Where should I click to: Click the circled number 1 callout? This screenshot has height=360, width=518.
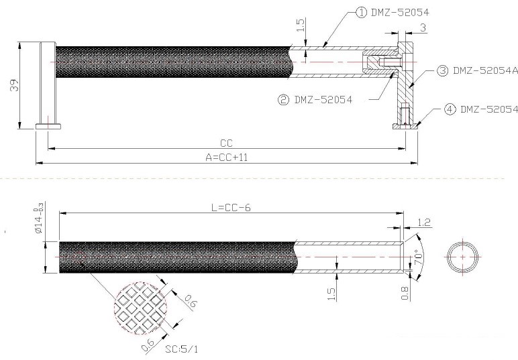[361, 13]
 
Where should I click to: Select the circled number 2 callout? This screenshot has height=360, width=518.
[283, 100]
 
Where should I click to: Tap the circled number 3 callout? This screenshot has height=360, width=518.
[442, 70]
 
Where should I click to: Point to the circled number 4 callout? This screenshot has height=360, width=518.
[450, 109]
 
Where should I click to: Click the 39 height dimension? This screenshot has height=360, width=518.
[14, 85]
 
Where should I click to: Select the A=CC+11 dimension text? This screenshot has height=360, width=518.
[227, 158]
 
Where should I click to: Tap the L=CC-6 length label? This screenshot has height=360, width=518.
[231, 208]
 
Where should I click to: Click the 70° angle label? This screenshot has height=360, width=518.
[418, 257]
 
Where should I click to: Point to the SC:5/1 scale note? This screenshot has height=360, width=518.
[182, 349]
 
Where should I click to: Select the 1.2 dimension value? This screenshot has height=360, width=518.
[424, 223]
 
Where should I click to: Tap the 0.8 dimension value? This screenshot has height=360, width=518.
[405, 294]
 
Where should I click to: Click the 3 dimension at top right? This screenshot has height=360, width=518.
[423, 27]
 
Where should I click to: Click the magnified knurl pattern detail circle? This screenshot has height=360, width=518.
[140, 308]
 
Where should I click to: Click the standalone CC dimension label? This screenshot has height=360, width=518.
[226, 143]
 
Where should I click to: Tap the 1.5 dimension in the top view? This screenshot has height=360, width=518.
[301, 25]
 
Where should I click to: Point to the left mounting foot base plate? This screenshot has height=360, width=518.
[48, 127]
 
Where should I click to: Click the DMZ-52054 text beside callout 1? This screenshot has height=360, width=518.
[400, 13]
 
